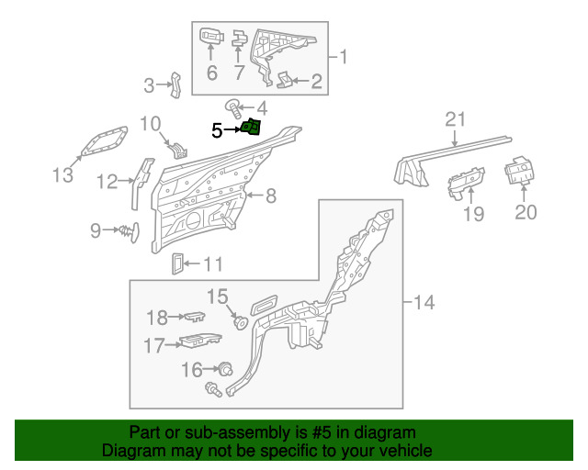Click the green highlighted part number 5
coord(251,128)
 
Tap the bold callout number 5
coord(217,130)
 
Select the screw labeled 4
coord(234,107)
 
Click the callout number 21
coord(456,119)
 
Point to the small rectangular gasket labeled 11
coord(177,263)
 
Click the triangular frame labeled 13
coord(104,141)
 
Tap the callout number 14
coord(424,302)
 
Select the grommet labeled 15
coord(241,322)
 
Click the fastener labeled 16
coord(226,369)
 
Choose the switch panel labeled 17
coord(200,340)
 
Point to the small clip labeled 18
coord(195,316)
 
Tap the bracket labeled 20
coord(519,170)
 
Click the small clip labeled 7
coord(240,38)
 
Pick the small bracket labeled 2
coord(285,80)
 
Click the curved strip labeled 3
coord(175,85)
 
